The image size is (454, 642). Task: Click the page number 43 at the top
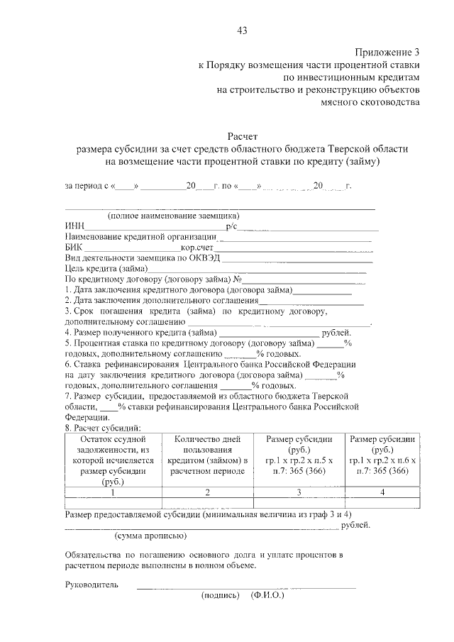[x=241, y=30]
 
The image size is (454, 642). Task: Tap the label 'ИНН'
[x=74, y=226]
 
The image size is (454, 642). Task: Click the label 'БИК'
[x=74, y=248]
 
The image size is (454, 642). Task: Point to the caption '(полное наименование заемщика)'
[x=172, y=216]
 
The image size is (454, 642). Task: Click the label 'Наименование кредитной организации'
[x=140, y=237]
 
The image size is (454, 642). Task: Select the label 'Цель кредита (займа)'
[x=106, y=269]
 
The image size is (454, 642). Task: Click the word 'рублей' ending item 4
[x=335, y=332]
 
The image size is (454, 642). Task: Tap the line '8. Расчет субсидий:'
[x=103, y=428]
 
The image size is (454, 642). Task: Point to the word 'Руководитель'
[x=91, y=585]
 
